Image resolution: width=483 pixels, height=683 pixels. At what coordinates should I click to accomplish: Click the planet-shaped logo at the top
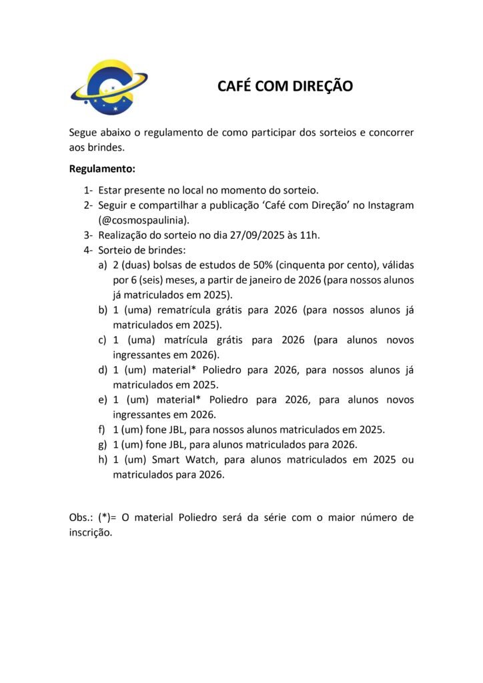[x=109, y=87]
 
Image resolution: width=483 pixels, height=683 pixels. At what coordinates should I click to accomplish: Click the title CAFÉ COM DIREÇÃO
[x=285, y=87]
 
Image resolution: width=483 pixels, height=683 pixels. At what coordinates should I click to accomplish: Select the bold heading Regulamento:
[x=102, y=169]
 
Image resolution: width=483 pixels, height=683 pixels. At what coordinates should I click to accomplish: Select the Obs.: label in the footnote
[x=81, y=518]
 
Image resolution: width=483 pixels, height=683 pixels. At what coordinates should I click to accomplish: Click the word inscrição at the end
[x=91, y=533]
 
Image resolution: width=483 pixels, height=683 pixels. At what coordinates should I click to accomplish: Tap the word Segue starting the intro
[x=84, y=132]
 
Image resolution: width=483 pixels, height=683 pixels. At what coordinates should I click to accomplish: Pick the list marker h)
[x=103, y=460]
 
